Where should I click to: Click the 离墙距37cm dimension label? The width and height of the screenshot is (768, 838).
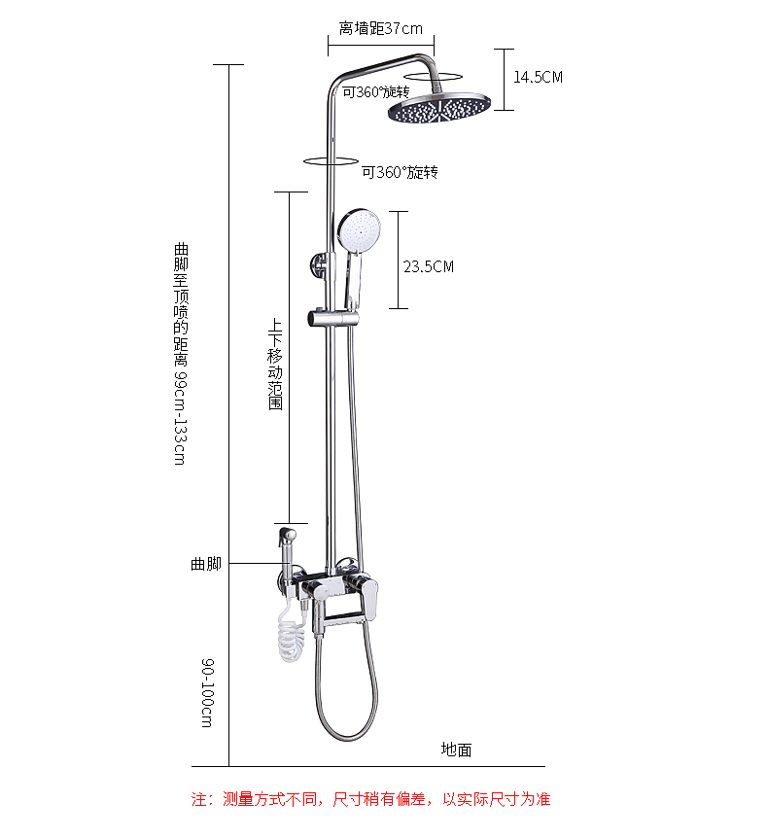pos(380,28)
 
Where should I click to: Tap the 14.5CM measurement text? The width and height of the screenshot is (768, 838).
pos(538,77)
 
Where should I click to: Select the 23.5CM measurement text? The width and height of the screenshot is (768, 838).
pos(428,266)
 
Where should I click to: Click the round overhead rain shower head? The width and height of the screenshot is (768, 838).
pos(438,107)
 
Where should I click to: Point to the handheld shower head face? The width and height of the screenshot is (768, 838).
pos(359,229)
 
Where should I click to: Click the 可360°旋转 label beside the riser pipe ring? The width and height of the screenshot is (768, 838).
pos(400,172)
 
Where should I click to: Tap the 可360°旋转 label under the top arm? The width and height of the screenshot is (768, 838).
pos(375,92)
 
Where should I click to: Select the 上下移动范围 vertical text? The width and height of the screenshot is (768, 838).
pos(275,365)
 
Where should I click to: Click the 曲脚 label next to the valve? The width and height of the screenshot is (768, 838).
pos(206,564)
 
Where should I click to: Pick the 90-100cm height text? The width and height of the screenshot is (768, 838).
pos(207,692)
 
